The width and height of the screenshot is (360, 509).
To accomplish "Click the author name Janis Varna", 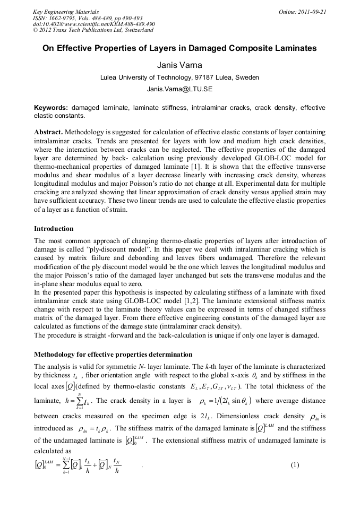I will coord(179,65).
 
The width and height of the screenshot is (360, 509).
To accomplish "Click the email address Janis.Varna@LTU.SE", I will coord(179,89).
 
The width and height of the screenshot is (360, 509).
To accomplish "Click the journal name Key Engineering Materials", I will coord(66,12).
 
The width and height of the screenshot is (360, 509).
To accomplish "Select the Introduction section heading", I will coord(54,229).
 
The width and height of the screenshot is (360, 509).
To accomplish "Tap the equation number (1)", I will coord(295,465).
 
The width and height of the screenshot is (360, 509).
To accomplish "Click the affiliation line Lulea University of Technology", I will coord(179,77).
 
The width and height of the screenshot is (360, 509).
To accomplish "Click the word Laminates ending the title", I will coord(293,48).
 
